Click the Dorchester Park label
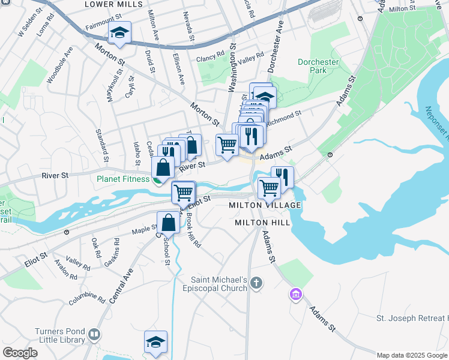(312, 66)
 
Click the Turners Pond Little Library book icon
(94, 334)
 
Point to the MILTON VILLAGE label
(264, 205)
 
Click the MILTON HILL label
(262, 223)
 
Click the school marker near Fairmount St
(119, 34)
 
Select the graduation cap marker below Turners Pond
(155, 343)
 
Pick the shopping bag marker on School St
(169, 223)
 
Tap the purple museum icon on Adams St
(295, 295)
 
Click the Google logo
(20, 353)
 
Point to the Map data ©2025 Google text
(412, 355)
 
